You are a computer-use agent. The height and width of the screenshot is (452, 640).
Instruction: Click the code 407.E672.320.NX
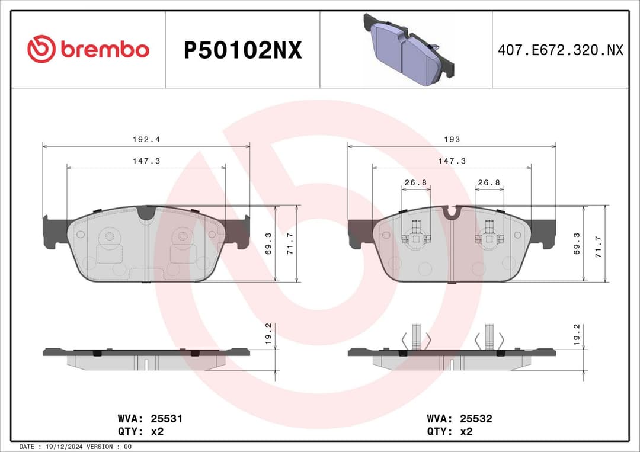pos(560,50)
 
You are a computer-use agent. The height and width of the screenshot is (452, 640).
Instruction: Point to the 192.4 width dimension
pos(146,140)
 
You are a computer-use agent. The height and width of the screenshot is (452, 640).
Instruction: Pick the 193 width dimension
pos(452,140)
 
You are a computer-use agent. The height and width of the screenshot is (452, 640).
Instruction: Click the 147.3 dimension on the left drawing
pos(146,161)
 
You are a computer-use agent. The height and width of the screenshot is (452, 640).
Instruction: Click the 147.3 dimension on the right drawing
pos(452,161)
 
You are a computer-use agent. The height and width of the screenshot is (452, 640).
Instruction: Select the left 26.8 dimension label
pos(415,182)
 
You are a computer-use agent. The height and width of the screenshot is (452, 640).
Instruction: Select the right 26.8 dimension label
pos(489,182)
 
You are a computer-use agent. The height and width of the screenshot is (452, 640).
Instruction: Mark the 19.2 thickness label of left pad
pos(268,334)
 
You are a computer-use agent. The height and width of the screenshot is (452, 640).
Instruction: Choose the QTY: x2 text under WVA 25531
pos(141,431)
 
